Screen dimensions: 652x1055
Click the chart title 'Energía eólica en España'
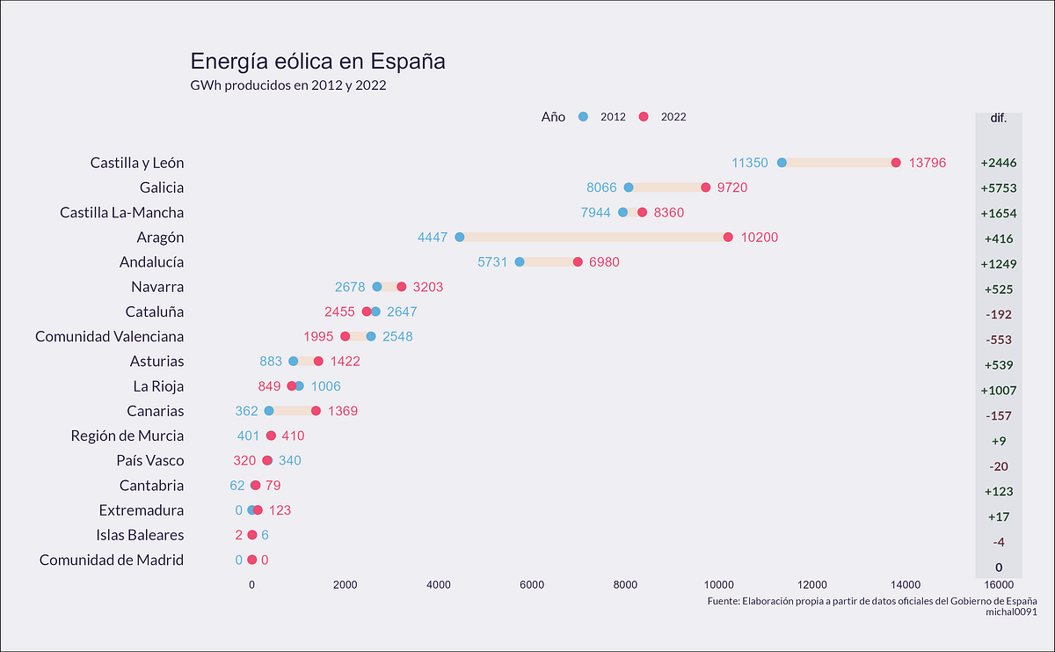(x=317, y=62)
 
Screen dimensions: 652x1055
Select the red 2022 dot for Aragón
(x=728, y=238)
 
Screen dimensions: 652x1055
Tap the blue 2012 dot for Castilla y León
(x=782, y=163)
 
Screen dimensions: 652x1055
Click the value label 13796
(x=928, y=163)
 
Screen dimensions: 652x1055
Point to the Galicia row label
(x=162, y=187)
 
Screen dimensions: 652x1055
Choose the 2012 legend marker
(x=583, y=117)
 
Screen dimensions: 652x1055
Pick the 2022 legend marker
(x=644, y=117)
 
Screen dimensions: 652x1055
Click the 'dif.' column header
(x=998, y=117)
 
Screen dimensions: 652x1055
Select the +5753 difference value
(x=998, y=188)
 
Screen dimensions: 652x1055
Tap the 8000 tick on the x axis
(x=625, y=584)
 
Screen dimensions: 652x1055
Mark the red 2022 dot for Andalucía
(x=578, y=262)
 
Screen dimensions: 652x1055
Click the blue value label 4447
(x=433, y=238)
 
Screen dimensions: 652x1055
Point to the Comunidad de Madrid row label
(x=112, y=560)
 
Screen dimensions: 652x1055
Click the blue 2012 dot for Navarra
(x=377, y=287)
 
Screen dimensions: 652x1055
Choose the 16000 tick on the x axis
(x=999, y=584)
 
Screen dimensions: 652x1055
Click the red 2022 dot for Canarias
(x=316, y=411)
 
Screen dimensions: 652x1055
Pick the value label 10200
(x=759, y=238)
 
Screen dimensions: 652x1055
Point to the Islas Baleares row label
(x=140, y=535)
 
